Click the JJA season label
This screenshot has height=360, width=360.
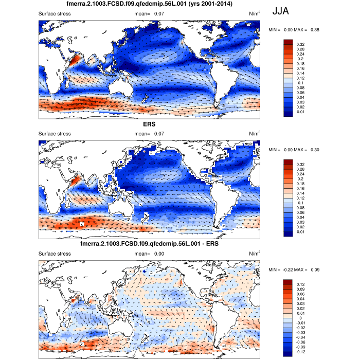coord(283,11)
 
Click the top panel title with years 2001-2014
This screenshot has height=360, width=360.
coord(149,4)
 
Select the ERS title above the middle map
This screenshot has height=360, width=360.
coord(149,124)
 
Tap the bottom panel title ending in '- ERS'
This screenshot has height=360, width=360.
coord(149,244)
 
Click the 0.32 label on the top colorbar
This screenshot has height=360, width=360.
coord(300,45)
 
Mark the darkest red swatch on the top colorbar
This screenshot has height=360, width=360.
coord(289,41)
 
